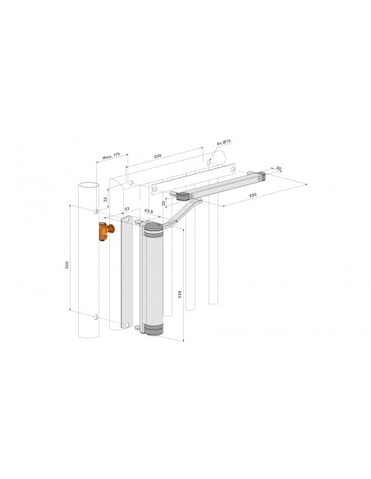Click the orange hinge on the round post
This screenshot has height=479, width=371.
(102, 231)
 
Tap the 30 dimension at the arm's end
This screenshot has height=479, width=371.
(279, 169)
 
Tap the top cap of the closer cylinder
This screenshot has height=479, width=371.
(153, 232)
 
